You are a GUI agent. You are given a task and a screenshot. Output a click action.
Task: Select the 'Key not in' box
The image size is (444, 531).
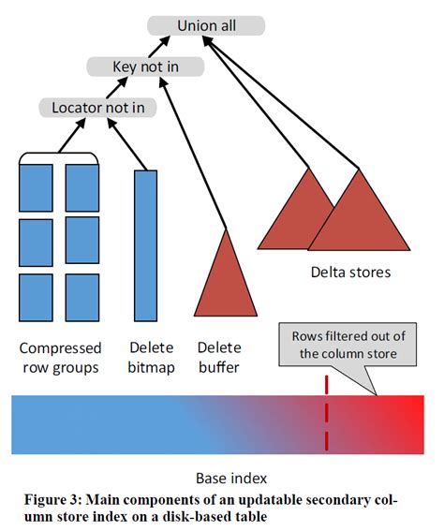145,66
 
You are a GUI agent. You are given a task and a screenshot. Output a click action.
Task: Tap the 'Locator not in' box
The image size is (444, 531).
97,107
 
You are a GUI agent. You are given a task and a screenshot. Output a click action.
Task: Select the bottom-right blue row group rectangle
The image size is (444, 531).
81,298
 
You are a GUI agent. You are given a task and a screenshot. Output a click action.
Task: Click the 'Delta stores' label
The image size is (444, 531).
350,273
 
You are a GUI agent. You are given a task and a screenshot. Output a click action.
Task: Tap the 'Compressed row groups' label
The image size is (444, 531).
59,357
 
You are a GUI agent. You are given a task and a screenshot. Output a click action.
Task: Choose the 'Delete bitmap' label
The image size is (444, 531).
151,357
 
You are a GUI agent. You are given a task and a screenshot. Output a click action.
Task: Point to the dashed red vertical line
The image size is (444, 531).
326,412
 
